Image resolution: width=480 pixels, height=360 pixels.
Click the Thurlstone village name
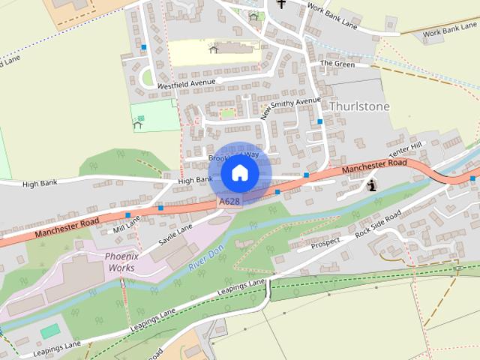[359, 106]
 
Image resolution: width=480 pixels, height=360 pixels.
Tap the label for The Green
[337, 64]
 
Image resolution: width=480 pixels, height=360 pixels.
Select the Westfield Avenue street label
[186, 83]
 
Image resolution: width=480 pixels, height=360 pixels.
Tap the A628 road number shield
[229, 202]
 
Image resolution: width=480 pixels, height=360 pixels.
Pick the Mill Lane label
[127, 223]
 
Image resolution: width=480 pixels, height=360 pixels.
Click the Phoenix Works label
[109, 261]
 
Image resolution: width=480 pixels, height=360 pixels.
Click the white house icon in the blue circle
[240, 173]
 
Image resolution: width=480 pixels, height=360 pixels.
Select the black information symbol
[373, 184]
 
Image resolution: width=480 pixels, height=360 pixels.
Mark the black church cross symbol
[281, 4]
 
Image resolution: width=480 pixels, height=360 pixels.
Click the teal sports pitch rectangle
[50, 331]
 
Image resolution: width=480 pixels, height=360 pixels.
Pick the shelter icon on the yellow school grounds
[214, 49]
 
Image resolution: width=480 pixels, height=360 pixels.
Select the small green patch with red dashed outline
[226, 113]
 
